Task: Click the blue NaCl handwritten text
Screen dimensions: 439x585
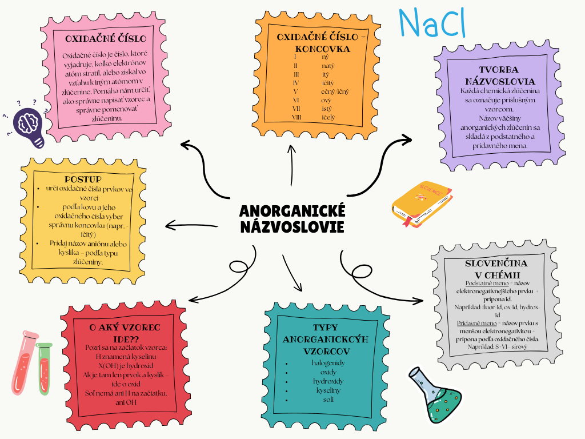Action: click(432, 23)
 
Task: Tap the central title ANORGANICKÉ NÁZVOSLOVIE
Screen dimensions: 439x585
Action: click(292, 219)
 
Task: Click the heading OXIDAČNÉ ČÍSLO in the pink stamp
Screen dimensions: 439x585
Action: click(106, 39)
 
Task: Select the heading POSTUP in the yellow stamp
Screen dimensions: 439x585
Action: click(83, 179)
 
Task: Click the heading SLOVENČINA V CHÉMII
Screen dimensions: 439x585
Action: click(496, 269)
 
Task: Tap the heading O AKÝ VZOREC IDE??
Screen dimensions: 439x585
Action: click(125, 333)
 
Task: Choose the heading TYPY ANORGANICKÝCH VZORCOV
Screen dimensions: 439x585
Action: click(325, 339)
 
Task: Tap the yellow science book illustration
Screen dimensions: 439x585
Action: click(422, 203)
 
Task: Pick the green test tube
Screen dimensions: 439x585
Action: click(45, 369)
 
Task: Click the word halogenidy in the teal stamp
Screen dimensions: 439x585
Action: click(328, 363)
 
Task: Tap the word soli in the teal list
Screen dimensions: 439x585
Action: click(328, 399)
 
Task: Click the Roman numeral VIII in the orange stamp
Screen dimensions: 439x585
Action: click(296, 117)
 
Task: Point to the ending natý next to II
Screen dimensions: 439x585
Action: click(329, 66)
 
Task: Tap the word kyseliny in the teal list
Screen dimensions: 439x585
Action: click(328, 390)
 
